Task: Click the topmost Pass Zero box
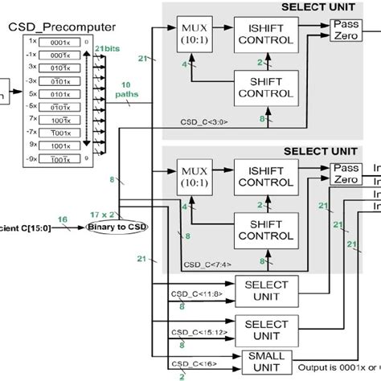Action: pyautogui.click(x=346, y=31)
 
